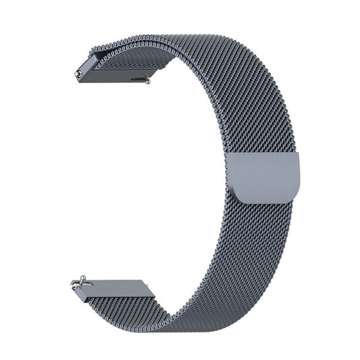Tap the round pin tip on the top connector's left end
pos(80,70)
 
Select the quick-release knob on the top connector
pos(146,80)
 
